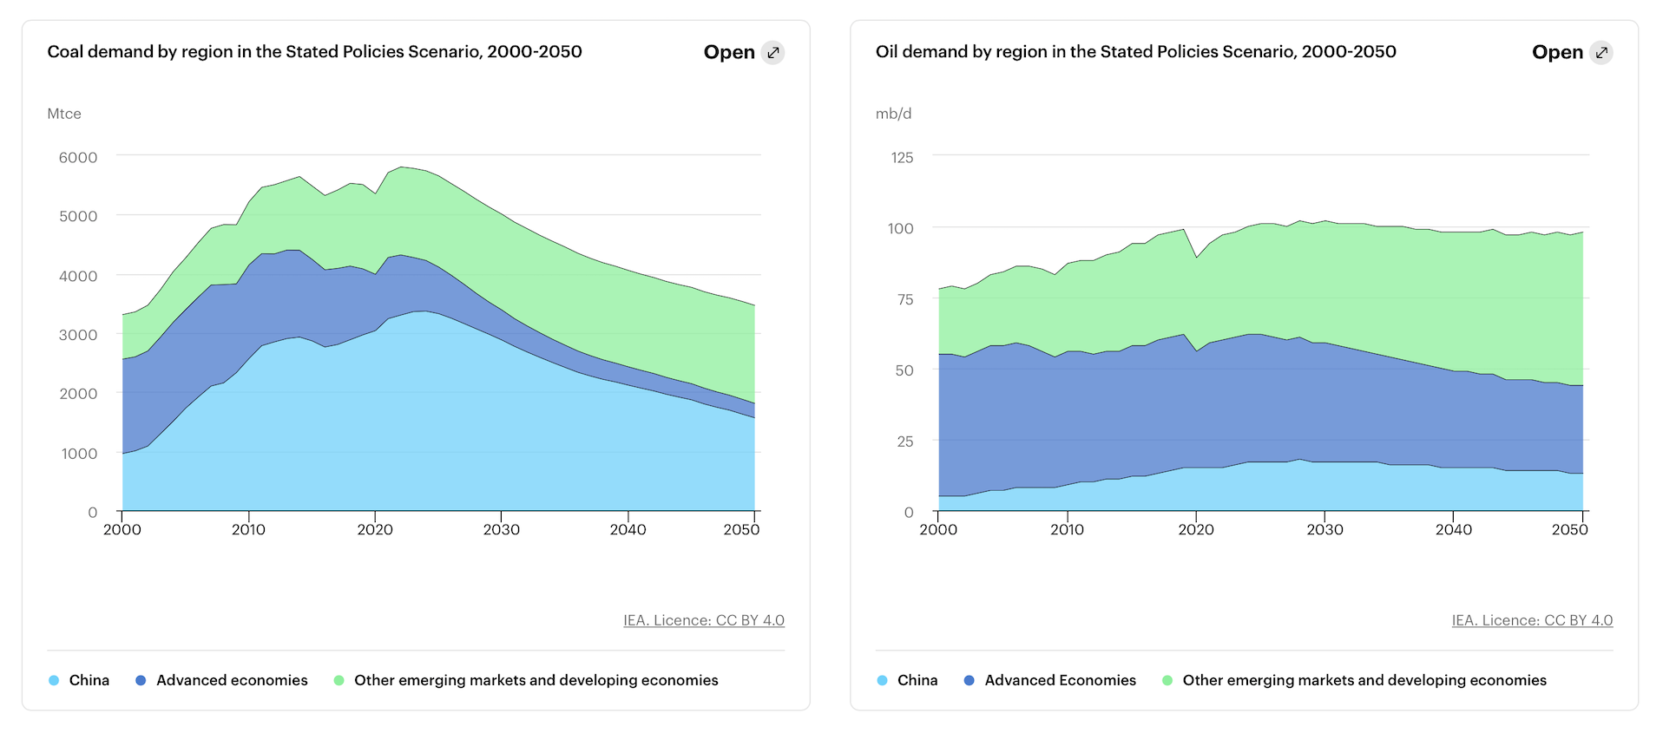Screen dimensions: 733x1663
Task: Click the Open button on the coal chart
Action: click(743, 52)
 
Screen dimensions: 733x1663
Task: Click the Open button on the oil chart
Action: click(1571, 52)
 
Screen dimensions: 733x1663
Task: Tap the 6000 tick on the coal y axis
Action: click(78, 157)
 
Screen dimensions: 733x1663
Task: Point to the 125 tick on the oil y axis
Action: click(902, 157)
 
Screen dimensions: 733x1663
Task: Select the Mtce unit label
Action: click(64, 114)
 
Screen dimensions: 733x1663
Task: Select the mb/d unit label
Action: click(893, 114)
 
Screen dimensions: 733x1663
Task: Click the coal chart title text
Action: click(314, 52)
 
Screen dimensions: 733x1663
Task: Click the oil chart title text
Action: click(1135, 52)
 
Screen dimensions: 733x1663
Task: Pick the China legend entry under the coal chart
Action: click(80, 680)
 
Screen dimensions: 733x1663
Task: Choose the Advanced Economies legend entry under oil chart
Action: click(1050, 680)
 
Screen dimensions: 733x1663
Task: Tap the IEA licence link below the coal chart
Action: click(703, 620)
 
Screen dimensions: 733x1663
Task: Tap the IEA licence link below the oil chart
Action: click(1532, 620)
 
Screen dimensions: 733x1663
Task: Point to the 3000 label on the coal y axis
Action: click(78, 335)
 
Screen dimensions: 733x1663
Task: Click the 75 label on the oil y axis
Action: click(905, 299)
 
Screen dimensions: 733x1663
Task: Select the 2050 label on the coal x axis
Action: click(741, 529)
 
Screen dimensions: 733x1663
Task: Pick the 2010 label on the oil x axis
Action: click(1067, 529)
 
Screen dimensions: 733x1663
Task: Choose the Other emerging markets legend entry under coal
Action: click(526, 680)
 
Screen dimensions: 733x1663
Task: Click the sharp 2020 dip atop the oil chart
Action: click(1196, 258)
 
